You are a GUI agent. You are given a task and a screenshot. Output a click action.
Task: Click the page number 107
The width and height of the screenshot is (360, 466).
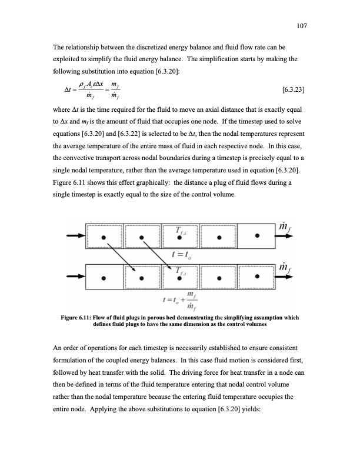point(304,25)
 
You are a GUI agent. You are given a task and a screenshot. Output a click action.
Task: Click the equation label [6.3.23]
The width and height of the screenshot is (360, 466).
point(293,90)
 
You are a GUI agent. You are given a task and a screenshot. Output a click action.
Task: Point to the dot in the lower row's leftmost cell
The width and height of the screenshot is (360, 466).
point(104,278)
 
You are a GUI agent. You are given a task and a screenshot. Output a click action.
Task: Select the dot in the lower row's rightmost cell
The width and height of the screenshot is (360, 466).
point(258,278)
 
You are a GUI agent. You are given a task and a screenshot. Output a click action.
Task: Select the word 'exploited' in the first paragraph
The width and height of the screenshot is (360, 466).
point(68,59)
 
